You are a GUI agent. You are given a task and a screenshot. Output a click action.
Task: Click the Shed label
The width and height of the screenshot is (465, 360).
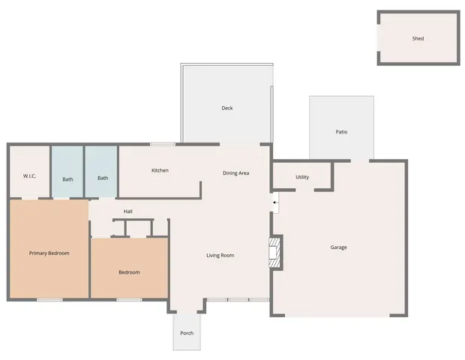click(418, 38)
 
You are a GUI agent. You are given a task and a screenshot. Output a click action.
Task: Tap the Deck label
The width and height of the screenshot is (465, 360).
click(226, 108)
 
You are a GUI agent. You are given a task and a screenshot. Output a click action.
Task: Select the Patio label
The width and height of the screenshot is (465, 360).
click(341, 132)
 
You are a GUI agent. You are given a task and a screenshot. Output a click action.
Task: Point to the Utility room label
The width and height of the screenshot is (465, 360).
click(302, 178)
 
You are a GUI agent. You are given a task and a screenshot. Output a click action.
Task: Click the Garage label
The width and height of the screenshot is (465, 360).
click(339, 247)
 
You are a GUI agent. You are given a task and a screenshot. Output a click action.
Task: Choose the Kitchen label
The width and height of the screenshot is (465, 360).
click(160, 170)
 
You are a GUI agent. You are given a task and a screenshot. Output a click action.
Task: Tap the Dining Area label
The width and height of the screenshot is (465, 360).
click(235, 173)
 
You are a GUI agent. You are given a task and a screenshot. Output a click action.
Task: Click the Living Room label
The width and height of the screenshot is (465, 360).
click(220, 256)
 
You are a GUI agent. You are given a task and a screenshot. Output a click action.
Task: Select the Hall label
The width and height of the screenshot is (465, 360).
click(128, 211)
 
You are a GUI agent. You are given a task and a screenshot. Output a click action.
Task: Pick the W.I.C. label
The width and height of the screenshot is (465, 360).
click(30, 176)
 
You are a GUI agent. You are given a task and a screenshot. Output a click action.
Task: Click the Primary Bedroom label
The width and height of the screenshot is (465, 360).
click(49, 253)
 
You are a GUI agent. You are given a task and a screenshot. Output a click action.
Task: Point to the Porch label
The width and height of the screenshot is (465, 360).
click(187, 333)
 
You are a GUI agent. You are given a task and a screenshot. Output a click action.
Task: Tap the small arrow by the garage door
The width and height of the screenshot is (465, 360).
click(275, 202)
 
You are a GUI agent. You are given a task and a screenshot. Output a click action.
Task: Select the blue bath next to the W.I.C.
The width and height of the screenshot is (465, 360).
click(67, 178)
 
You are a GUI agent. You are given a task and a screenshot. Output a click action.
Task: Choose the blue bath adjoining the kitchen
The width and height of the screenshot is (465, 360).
click(103, 178)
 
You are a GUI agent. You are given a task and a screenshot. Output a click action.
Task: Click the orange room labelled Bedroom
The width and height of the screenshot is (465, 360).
click(129, 272)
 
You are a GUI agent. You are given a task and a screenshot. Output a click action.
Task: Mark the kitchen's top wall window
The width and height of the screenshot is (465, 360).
click(162, 144)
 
